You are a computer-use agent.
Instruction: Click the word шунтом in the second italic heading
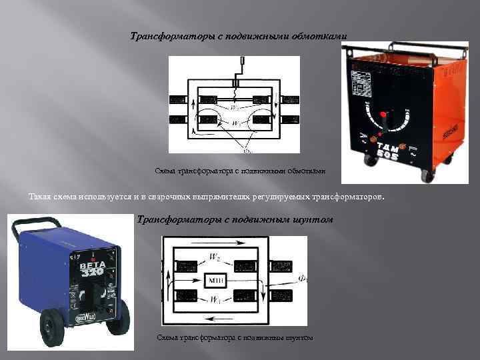[x=313, y=219]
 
